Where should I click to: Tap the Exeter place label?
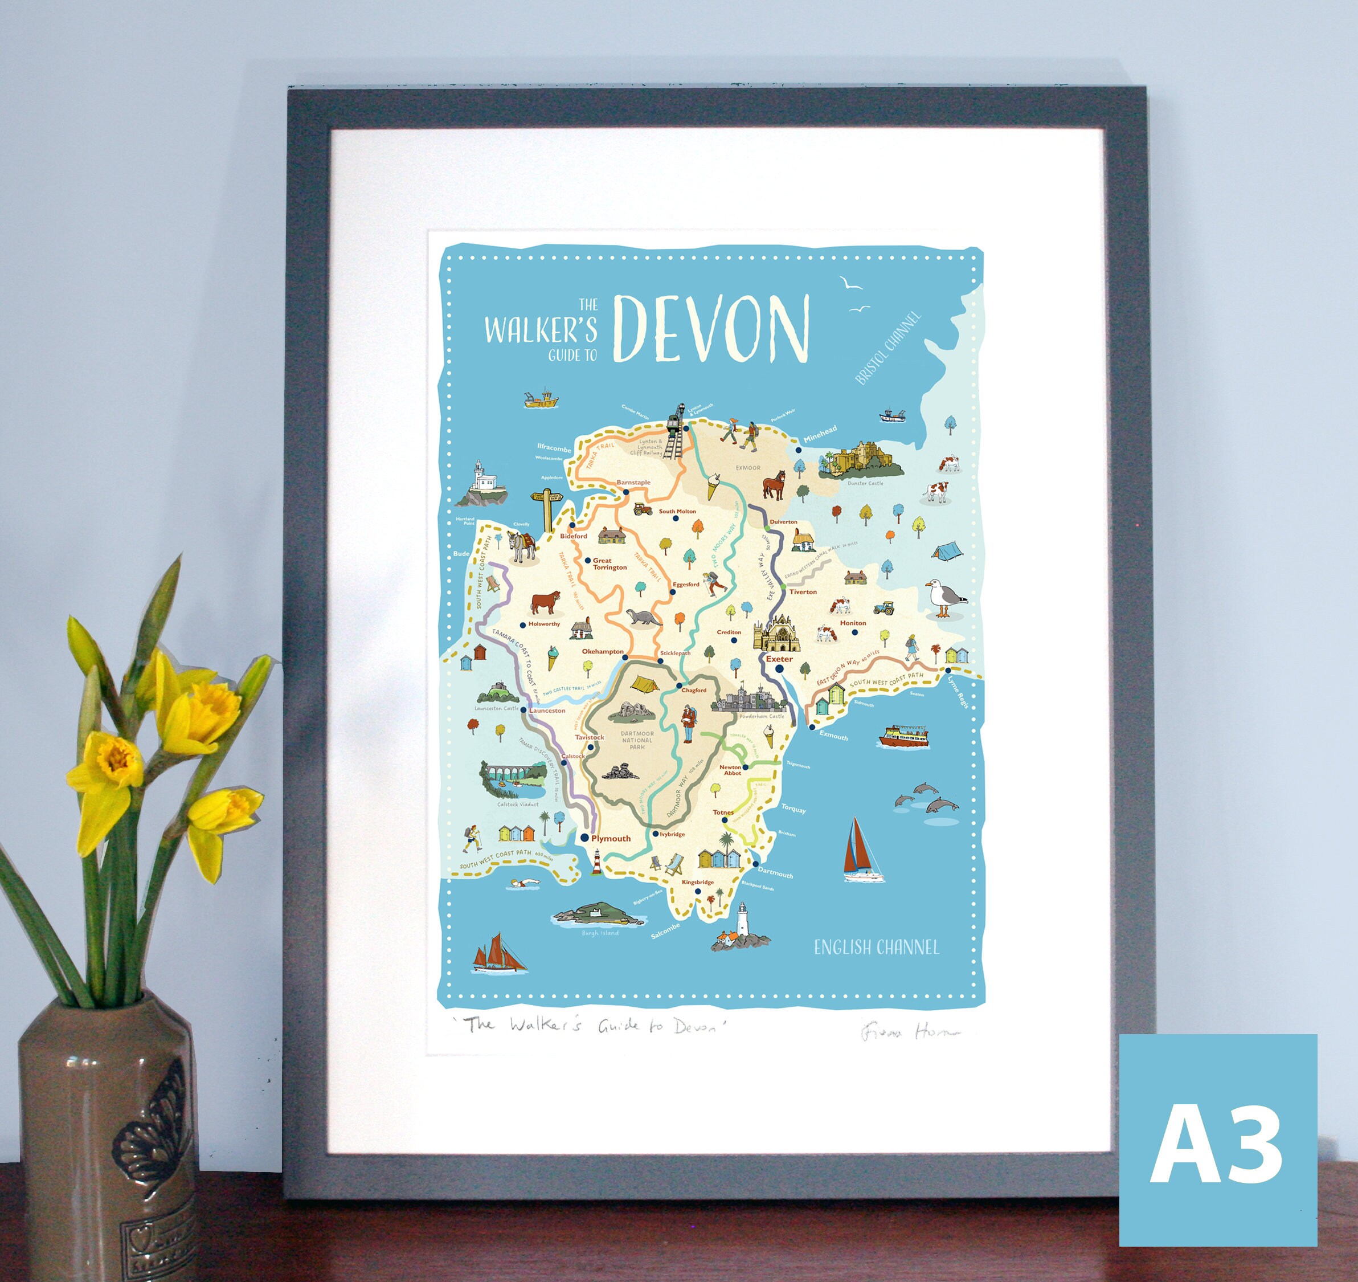coord(779,659)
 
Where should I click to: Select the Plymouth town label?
coord(611,839)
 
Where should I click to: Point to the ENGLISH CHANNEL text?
coord(877,947)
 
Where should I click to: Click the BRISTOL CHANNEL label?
coord(888,349)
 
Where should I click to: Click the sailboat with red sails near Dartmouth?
coord(862,850)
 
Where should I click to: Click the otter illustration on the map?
coord(644,617)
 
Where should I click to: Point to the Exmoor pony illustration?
coord(774,484)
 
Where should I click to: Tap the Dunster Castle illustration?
coord(861,460)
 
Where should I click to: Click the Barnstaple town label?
coord(633,483)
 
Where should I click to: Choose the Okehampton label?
coord(603,651)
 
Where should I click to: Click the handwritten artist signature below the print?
coord(909,1032)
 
